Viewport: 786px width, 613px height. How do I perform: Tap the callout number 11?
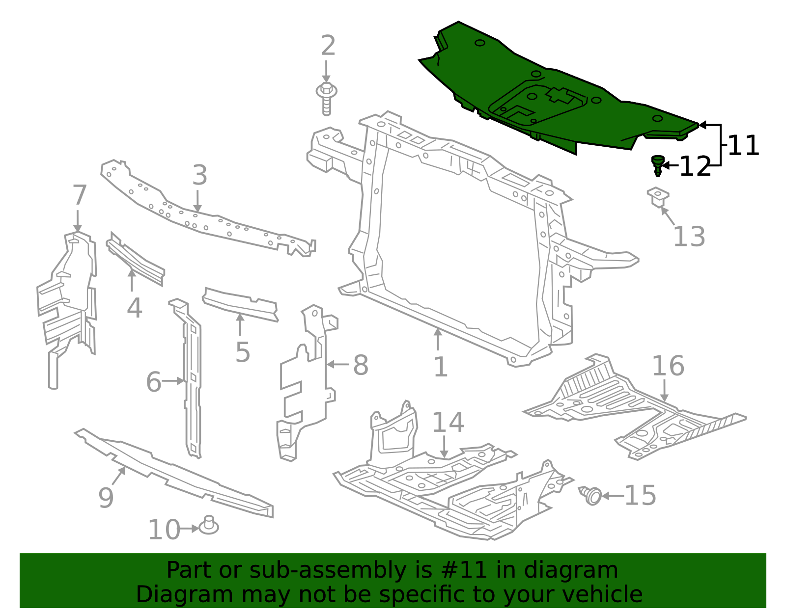point(743,146)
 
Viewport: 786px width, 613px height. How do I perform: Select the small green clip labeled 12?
point(657,165)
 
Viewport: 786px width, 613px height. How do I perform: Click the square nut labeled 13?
point(658,197)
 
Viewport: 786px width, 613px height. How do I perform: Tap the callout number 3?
point(199,175)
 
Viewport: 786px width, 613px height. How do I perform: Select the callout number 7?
point(80,195)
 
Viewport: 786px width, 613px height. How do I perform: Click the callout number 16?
point(668,366)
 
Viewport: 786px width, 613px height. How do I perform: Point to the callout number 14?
point(448,422)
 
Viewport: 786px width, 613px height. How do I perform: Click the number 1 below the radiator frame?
point(441,367)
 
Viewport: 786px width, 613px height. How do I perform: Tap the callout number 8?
point(361,365)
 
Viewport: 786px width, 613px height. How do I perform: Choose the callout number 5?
point(243,352)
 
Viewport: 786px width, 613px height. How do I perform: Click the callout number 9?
point(106,498)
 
